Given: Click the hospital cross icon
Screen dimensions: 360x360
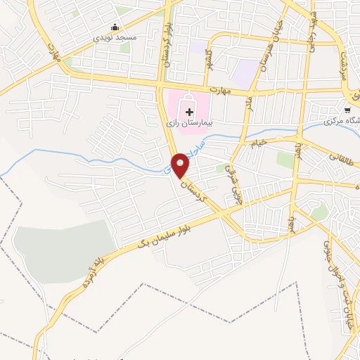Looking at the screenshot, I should pos(190,110).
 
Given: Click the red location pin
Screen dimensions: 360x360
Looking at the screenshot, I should pos(181,165).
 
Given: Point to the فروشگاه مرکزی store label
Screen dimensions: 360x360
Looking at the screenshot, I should pos(342,121).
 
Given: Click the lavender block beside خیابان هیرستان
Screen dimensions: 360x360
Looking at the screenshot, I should pos(246,72).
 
